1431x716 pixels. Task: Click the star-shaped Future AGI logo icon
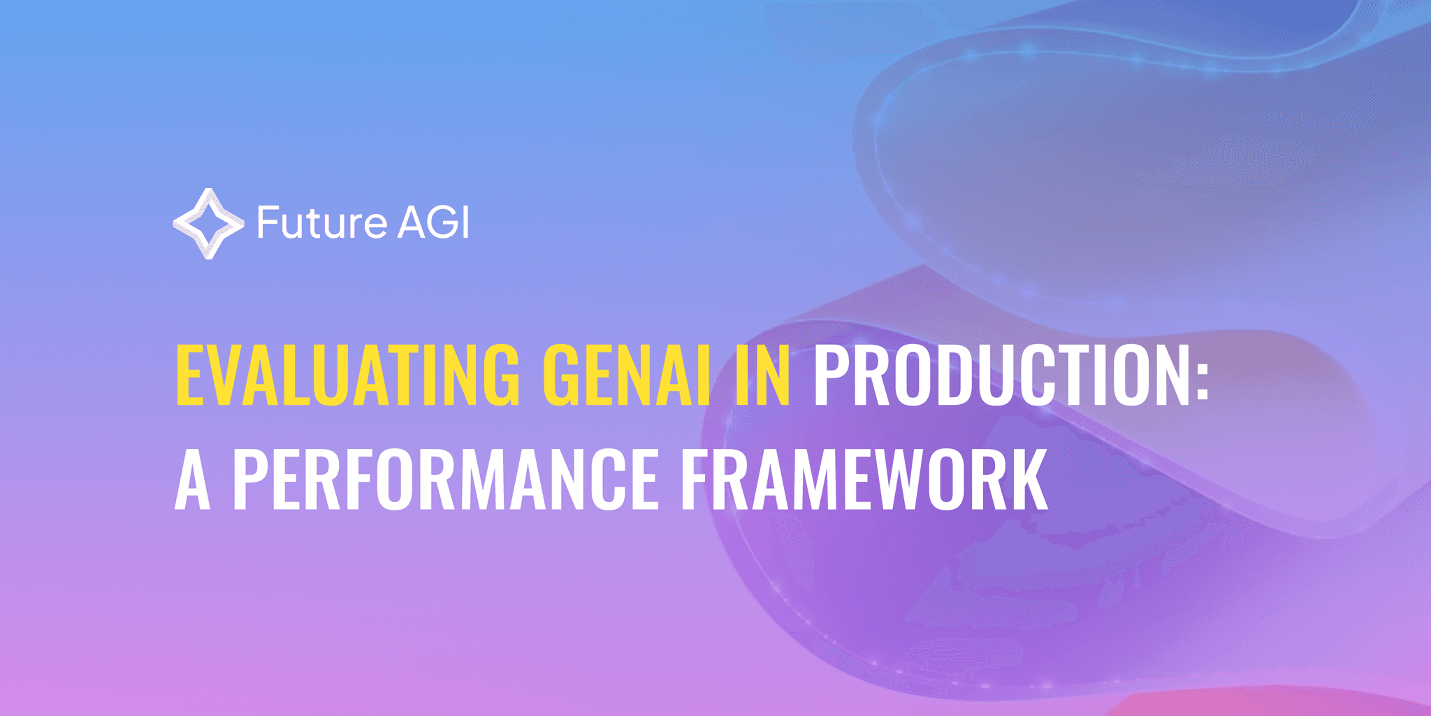pos(208,224)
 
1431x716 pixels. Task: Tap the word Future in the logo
pos(321,224)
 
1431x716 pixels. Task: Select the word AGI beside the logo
pos(433,223)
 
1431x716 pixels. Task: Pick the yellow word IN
pos(762,375)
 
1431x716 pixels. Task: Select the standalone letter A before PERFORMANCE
pos(192,479)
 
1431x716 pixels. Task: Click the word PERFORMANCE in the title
pos(445,479)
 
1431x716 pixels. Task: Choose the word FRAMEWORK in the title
pos(864,479)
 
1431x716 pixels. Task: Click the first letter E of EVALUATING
pos(188,375)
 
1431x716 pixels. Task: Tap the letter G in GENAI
pos(562,375)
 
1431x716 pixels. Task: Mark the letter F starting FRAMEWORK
pos(695,479)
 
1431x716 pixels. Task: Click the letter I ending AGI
pos(465,223)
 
